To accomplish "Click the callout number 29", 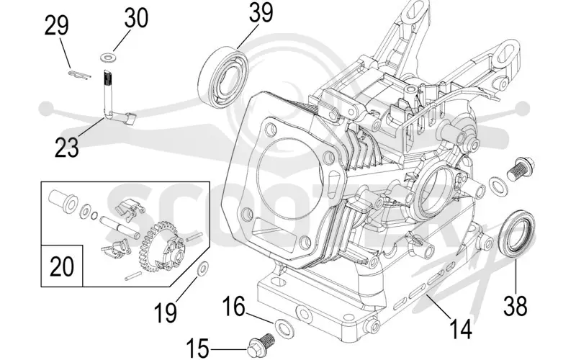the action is tap(57, 26).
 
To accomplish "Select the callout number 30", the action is tap(136, 18).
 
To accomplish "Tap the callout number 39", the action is tap(261, 12).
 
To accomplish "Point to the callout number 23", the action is tap(67, 148).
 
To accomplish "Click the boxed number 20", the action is tap(61, 266).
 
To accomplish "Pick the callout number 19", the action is tap(166, 312).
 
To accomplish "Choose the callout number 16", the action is tap(233, 307).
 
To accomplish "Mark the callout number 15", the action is tap(197, 348).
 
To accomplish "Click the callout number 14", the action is tap(461, 329).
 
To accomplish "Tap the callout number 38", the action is tap(515, 305).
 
